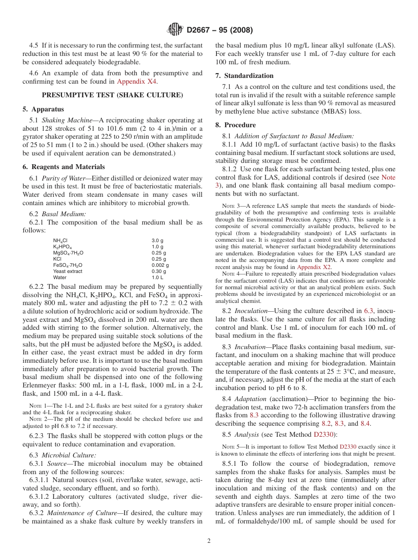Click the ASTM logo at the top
click(x=175, y=30)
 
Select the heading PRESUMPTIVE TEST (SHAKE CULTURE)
click(x=112, y=95)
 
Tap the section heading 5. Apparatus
click(x=43, y=109)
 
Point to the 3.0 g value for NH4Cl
click(x=157, y=240)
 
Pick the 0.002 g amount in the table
click(x=160, y=265)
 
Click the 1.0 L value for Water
click(x=157, y=277)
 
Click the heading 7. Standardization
click(x=244, y=76)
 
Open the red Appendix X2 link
click(x=314, y=267)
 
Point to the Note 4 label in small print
click(x=231, y=274)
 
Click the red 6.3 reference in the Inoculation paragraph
click(x=368, y=311)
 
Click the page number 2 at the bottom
click(x=209, y=541)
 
